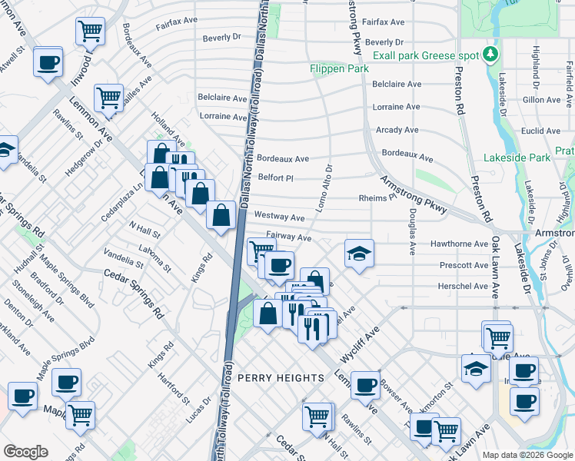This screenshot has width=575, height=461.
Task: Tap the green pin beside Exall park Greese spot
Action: (x=489, y=55)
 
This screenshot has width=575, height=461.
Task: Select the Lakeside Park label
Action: (x=517, y=158)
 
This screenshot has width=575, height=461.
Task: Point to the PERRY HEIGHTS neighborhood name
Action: (x=281, y=378)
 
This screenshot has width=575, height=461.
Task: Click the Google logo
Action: (x=25, y=452)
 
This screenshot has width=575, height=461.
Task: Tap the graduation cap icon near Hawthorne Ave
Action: (x=359, y=253)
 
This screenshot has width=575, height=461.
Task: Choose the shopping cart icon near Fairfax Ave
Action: (x=90, y=32)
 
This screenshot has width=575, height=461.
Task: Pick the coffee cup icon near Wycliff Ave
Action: (x=366, y=384)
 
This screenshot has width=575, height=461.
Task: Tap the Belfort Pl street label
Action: (x=276, y=178)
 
